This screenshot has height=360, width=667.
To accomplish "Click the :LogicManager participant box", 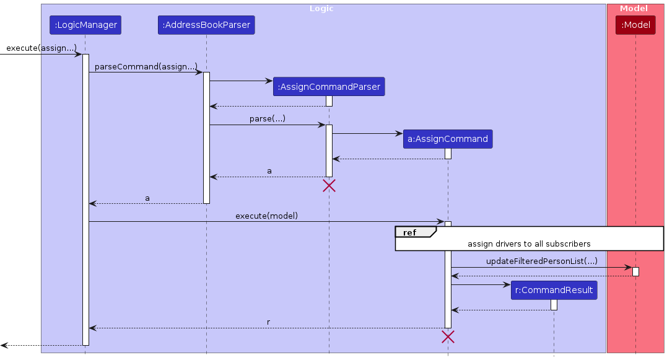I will pyautogui.click(x=85, y=25).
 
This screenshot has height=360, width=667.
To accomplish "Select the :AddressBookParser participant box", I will pyautogui.click(x=206, y=25).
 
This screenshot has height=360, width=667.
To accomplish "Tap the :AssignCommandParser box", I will pyautogui.click(x=329, y=87).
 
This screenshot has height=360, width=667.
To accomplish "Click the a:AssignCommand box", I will pyautogui.click(x=448, y=139).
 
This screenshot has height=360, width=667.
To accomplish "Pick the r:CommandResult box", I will pyautogui.click(x=554, y=290).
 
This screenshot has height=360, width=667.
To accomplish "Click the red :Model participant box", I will pyautogui.click(x=635, y=25).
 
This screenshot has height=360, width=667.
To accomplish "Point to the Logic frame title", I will pyautogui.click(x=321, y=9).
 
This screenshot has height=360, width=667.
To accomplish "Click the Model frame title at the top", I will pyautogui.click(x=634, y=9).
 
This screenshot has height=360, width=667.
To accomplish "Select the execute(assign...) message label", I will pyautogui.click(x=41, y=48).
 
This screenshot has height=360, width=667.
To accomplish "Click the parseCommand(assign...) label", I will pyautogui.click(x=146, y=66).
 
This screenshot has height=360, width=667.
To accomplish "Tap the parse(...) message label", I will pyautogui.click(x=268, y=118).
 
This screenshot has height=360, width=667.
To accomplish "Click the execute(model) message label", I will pyautogui.click(x=266, y=216).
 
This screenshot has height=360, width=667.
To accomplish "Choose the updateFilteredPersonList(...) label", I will pyautogui.click(x=542, y=261).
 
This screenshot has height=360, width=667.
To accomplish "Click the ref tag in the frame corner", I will pyautogui.click(x=410, y=232).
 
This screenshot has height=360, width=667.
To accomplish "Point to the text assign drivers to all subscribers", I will pyautogui.click(x=529, y=244).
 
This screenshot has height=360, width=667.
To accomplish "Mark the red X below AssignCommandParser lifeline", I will pyautogui.click(x=329, y=185).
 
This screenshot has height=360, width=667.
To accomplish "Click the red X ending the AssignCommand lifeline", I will pyautogui.click(x=448, y=336).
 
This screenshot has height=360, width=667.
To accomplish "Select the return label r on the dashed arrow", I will pyautogui.click(x=268, y=322).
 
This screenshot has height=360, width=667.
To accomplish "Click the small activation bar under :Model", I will pyautogui.click(x=635, y=271).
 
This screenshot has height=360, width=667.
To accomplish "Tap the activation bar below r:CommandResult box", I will pyautogui.click(x=554, y=305).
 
